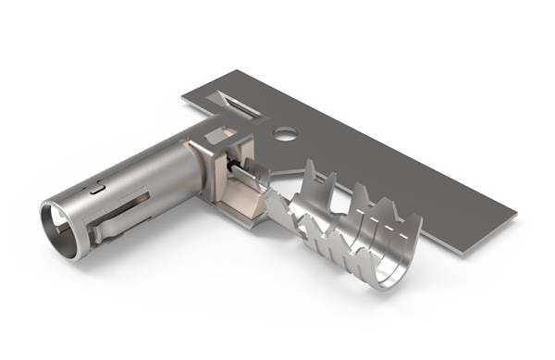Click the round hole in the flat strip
click(285, 134)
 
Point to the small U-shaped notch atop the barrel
click(97, 189)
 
